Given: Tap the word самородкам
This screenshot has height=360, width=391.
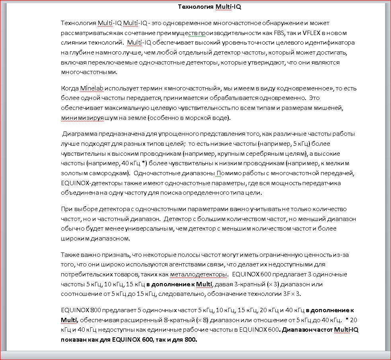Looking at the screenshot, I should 110,173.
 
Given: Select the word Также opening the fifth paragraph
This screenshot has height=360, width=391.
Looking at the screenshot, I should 70,254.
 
